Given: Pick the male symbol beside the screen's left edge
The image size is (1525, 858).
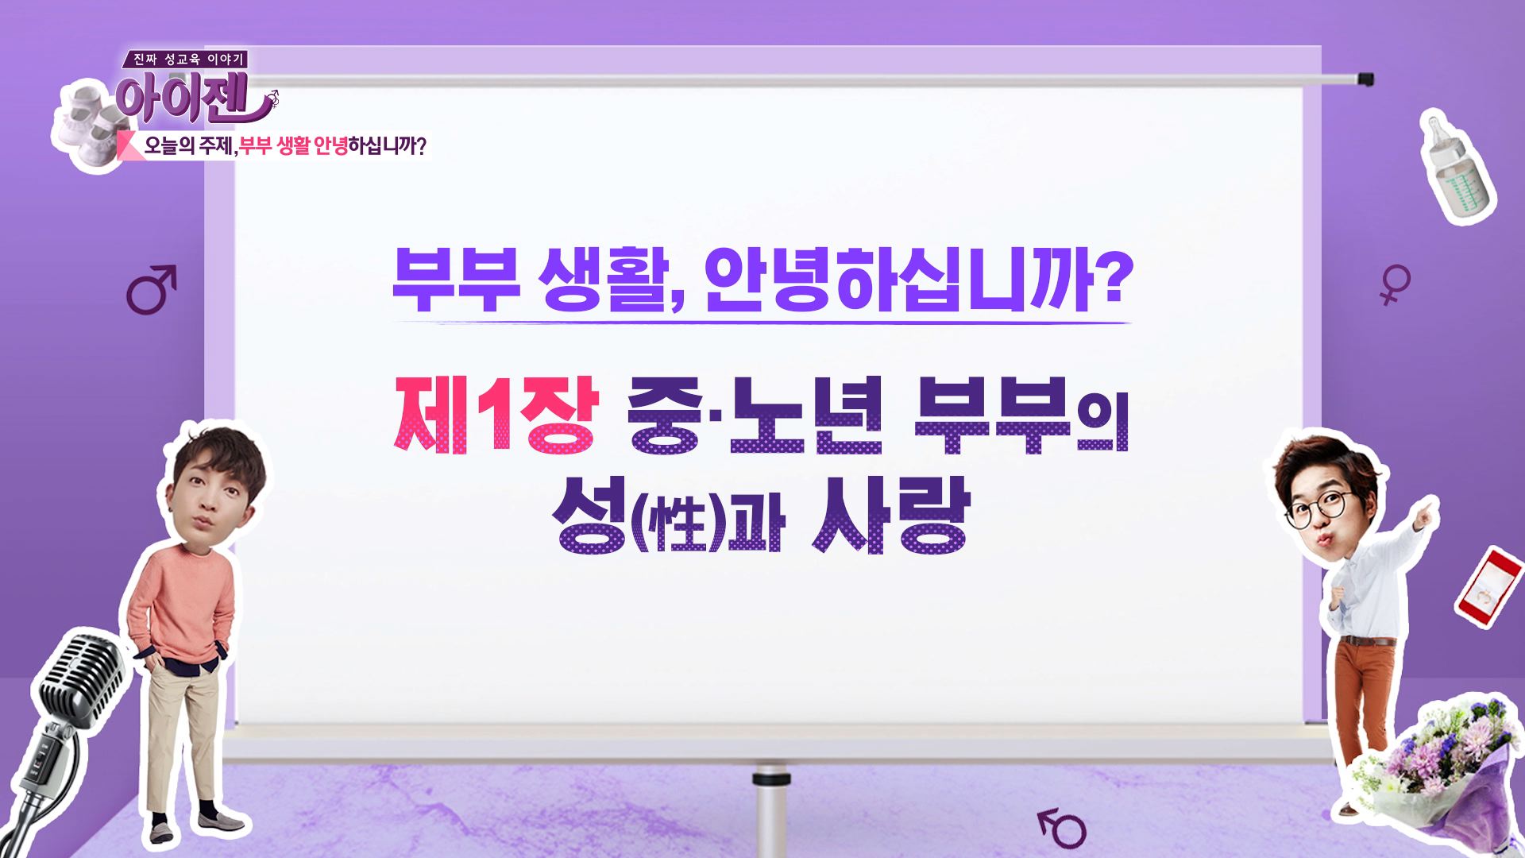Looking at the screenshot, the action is pos(151,289).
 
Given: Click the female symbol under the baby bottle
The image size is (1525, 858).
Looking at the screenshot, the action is pos(1394,285).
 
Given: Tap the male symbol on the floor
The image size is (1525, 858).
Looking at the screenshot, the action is pos(1062,827).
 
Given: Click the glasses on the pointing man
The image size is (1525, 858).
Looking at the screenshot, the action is pos(1318,505).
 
